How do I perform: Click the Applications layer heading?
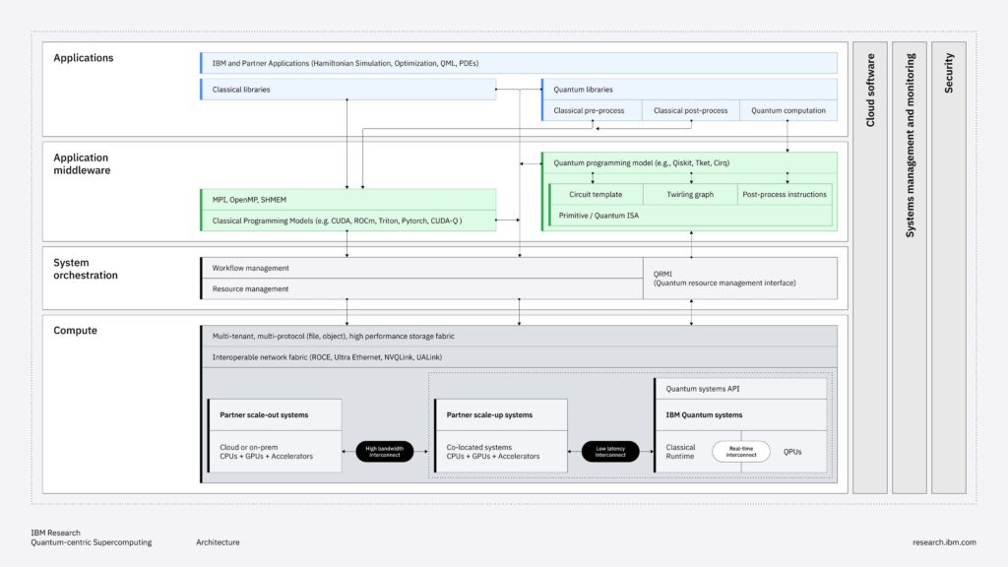click(x=84, y=58)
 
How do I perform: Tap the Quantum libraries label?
click(x=583, y=90)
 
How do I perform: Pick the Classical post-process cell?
click(x=690, y=110)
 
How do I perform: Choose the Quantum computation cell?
click(x=787, y=110)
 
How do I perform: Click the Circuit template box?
click(x=595, y=194)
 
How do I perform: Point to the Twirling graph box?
click(x=690, y=194)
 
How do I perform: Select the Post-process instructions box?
click(x=785, y=194)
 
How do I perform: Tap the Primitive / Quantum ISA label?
click(x=598, y=215)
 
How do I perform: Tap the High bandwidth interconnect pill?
click(x=385, y=452)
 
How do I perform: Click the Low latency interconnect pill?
click(x=610, y=452)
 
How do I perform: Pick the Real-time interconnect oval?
click(x=741, y=452)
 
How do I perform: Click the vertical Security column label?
click(x=949, y=74)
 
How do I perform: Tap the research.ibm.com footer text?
click(x=944, y=542)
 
